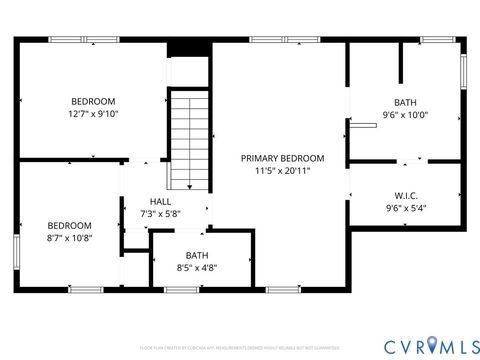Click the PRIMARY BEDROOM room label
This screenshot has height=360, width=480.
point(282,158)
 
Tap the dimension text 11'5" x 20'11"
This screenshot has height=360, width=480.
point(282,171)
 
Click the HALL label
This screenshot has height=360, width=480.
point(161,201)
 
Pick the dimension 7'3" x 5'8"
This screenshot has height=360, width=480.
point(161,214)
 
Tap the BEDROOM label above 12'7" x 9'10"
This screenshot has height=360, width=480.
point(93,101)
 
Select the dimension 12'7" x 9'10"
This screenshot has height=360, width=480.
point(93,114)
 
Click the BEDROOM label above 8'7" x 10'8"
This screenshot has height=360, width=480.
point(70,225)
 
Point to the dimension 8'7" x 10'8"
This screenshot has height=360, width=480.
point(70,238)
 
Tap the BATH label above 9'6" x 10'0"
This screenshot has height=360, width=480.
point(405,102)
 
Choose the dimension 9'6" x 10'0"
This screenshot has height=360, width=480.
point(405,115)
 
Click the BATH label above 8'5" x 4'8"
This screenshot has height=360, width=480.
point(197,255)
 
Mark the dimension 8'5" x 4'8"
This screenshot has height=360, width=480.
point(197,267)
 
